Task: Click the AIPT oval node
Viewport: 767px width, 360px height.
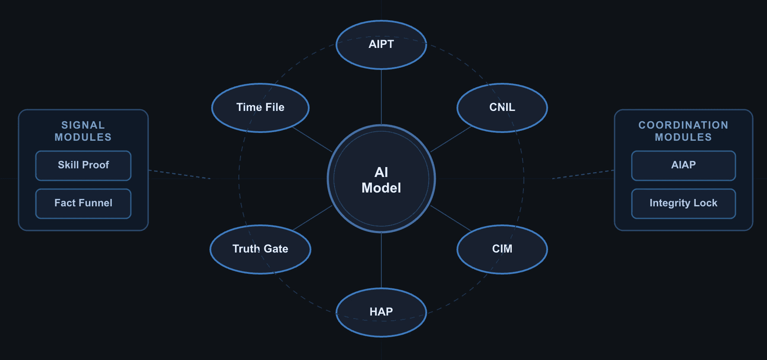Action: click(381, 44)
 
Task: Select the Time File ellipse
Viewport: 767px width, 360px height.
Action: click(260, 107)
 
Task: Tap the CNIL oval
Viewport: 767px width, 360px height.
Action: click(502, 107)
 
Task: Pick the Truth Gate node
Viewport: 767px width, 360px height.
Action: click(260, 249)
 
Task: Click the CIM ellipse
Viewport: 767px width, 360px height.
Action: click(502, 249)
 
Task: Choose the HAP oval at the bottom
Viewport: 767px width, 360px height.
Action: click(381, 312)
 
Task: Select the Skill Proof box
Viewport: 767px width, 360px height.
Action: click(83, 165)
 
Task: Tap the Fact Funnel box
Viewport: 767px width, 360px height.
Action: click(83, 203)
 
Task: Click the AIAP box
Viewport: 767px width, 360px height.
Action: click(683, 165)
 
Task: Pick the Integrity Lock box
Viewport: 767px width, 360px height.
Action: click(683, 203)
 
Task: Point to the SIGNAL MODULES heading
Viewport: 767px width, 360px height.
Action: click(83, 131)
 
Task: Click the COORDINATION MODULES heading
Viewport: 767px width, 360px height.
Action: click(683, 131)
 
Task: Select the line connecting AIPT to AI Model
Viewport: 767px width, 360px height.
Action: click(381, 97)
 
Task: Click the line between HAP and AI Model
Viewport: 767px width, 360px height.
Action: click(381, 260)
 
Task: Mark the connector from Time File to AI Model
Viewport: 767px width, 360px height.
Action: click(312, 139)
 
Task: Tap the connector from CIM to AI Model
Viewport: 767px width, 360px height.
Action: click(450, 218)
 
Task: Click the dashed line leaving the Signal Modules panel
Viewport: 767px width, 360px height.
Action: click(179, 174)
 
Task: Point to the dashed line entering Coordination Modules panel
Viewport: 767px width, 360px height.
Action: click(583, 174)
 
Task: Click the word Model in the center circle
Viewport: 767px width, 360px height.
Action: click(381, 188)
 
